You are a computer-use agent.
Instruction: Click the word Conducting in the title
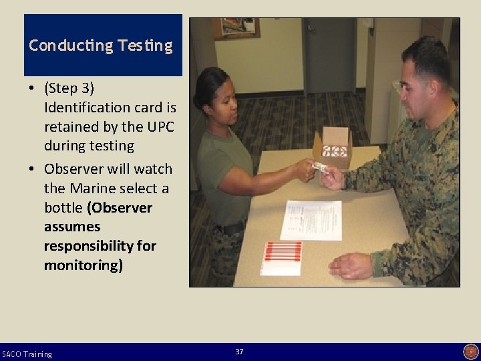(x=71, y=45)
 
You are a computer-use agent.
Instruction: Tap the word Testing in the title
(x=145, y=46)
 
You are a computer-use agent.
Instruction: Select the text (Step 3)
(x=69, y=88)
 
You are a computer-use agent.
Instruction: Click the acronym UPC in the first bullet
(x=161, y=126)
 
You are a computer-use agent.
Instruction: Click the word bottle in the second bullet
(x=63, y=208)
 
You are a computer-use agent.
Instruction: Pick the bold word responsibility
(x=88, y=247)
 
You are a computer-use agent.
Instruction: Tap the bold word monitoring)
(x=84, y=265)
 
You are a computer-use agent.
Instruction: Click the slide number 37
(x=239, y=352)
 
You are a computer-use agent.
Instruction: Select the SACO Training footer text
(x=27, y=354)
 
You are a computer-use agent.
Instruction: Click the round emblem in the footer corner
(x=471, y=352)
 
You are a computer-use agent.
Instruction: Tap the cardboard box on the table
(x=333, y=147)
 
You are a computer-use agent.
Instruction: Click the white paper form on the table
(x=311, y=220)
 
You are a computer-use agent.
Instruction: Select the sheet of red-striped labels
(x=282, y=259)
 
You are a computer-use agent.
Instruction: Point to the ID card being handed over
(x=319, y=167)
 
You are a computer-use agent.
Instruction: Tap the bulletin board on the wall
(x=236, y=28)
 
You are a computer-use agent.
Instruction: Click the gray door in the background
(x=329, y=55)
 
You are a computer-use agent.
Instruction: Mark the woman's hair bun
(x=198, y=99)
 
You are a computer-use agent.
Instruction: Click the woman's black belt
(x=230, y=229)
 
